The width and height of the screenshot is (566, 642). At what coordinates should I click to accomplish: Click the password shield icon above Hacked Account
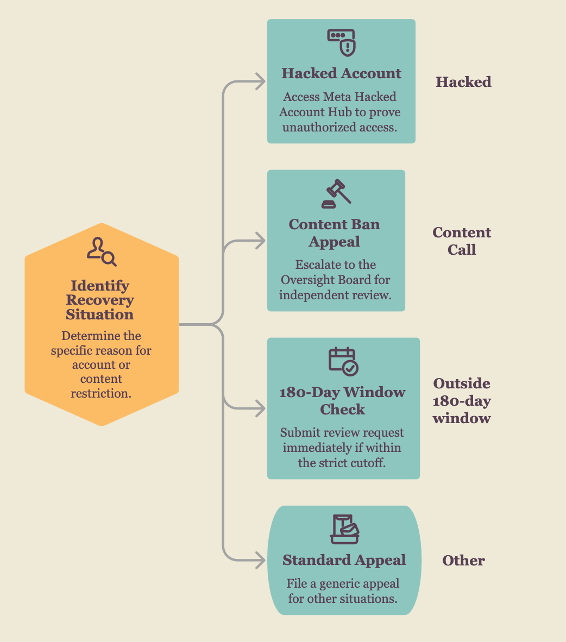pyautogui.click(x=341, y=42)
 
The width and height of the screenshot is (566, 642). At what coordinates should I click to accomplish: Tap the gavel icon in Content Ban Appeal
pyautogui.click(x=336, y=194)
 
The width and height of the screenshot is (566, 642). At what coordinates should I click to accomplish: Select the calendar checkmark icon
pyautogui.click(x=343, y=362)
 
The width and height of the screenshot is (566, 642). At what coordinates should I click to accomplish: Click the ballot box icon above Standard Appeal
pyautogui.click(x=344, y=529)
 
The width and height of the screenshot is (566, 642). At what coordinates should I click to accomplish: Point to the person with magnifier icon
pyautogui.click(x=102, y=251)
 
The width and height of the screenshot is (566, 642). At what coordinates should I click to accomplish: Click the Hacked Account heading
pyautogui.click(x=341, y=73)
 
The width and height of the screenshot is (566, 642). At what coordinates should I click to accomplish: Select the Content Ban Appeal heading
pyautogui.click(x=335, y=233)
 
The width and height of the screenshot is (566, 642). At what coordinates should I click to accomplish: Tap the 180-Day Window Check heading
pyautogui.click(x=342, y=400)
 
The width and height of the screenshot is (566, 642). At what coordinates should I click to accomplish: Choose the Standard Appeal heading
pyautogui.click(x=344, y=560)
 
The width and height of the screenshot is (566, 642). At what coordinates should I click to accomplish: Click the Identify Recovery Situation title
pyautogui.click(x=100, y=300)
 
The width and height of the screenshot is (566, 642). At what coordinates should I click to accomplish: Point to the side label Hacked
pyautogui.click(x=463, y=82)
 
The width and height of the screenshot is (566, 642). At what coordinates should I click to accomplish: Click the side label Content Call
pyautogui.click(x=462, y=241)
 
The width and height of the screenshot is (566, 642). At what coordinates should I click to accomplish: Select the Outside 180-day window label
pyautogui.click(x=462, y=401)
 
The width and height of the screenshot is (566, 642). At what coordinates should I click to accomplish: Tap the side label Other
pyautogui.click(x=463, y=561)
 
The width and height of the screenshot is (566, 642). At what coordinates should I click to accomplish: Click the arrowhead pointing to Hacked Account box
pyautogui.click(x=261, y=81)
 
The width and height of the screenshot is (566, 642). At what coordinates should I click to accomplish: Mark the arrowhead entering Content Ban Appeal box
pyautogui.click(x=261, y=241)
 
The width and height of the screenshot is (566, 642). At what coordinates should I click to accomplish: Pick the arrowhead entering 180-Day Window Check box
pyautogui.click(x=261, y=408)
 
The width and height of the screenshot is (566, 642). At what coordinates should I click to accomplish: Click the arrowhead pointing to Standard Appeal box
pyautogui.click(x=261, y=560)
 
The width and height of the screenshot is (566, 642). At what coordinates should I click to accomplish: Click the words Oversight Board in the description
pyautogui.click(x=325, y=280)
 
